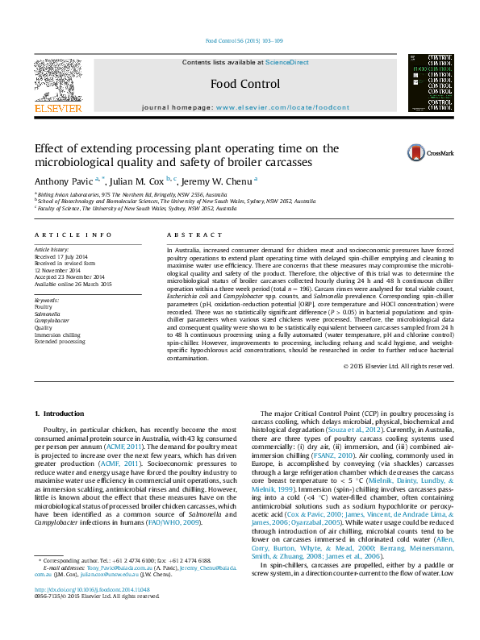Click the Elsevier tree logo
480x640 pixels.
(x=57, y=79)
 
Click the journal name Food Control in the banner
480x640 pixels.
(x=244, y=84)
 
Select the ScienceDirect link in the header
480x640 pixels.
(x=288, y=62)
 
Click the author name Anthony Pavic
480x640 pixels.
(x=62, y=181)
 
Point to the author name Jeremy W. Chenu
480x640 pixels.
(x=219, y=181)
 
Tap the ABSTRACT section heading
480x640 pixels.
(x=186, y=235)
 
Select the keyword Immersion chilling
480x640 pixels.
(x=57, y=335)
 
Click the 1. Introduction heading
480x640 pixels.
(x=59, y=414)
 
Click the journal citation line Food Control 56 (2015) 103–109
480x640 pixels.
(x=244, y=40)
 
